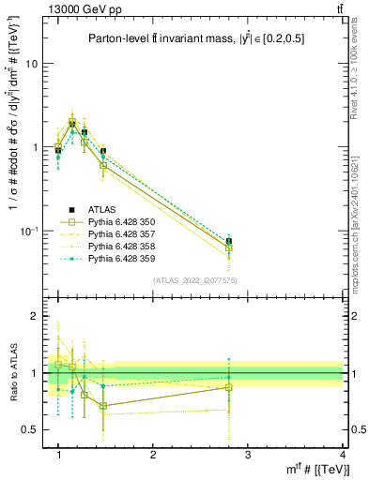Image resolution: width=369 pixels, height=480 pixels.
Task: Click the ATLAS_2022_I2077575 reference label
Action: coord(194,280)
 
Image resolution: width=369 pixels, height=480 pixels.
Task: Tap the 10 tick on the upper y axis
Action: coord(31,64)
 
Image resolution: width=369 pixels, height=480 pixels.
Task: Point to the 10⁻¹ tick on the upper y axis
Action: coord(28,231)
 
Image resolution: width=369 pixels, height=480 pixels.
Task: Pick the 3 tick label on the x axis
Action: coord(248,456)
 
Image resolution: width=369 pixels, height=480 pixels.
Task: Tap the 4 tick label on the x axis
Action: coord(343,456)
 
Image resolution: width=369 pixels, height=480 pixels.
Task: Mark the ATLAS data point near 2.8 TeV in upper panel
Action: coord(229,241)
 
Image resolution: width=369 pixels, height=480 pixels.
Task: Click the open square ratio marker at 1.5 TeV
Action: coord(103,406)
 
